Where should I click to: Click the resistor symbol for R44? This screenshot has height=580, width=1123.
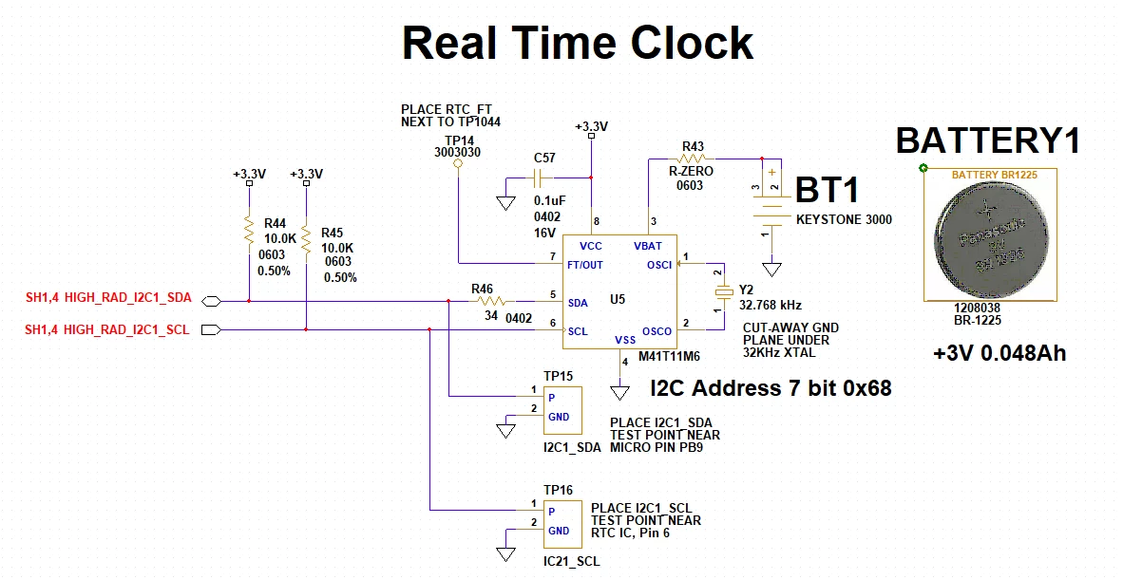(249, 231)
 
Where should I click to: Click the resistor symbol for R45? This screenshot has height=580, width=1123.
(306, 239)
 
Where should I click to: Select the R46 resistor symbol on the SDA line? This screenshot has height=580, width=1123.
(490, 301)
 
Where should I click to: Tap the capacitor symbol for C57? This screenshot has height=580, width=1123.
(540, 178)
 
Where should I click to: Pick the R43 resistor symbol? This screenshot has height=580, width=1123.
(693, 158)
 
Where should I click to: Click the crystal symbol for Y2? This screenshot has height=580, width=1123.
(725, 291)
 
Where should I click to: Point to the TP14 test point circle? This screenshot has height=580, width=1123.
(458, 164)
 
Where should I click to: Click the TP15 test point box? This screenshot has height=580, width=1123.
(562, 410)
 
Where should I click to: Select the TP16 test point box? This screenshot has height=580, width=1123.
(562, 524)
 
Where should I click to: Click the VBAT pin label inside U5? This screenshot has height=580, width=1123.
(647, 246)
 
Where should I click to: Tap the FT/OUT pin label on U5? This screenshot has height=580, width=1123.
(585, 265)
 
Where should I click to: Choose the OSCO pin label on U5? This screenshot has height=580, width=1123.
(657, 331)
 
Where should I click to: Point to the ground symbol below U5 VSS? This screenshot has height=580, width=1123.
(619, 393)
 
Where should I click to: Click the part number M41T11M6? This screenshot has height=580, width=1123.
(670, 356)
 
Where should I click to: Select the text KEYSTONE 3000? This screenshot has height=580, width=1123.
(845, 219)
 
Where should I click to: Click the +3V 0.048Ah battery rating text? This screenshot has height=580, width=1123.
(999, 353)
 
